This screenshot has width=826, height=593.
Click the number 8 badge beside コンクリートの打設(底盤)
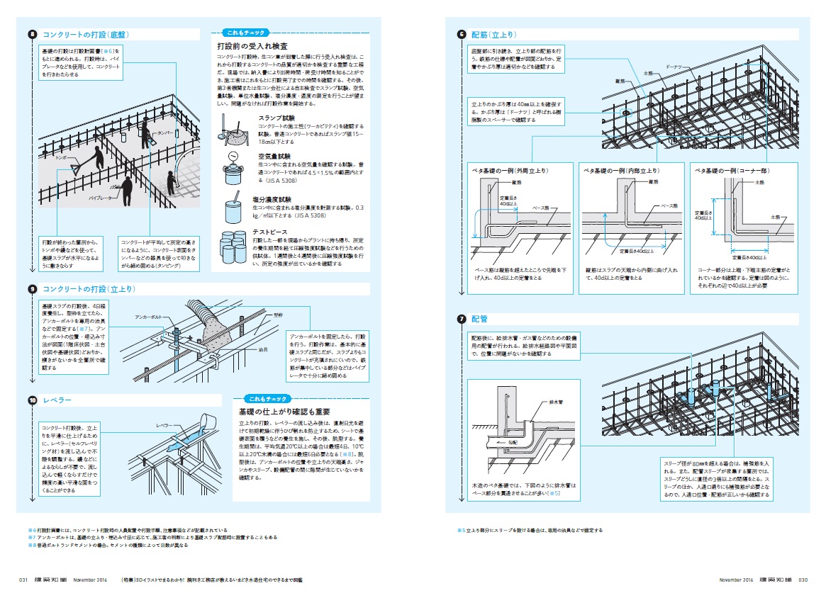click(33, 34)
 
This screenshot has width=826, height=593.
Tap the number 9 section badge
click(33, 289)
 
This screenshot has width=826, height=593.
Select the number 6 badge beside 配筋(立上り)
click(462, 34)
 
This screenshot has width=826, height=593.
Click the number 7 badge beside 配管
click(462, 320)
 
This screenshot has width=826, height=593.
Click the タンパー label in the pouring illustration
click(166, 132)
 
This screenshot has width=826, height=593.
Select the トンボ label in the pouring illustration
click(62, 158)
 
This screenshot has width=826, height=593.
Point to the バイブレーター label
click(101, 200)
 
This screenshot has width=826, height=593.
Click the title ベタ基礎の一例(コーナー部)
click(733, 171)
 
